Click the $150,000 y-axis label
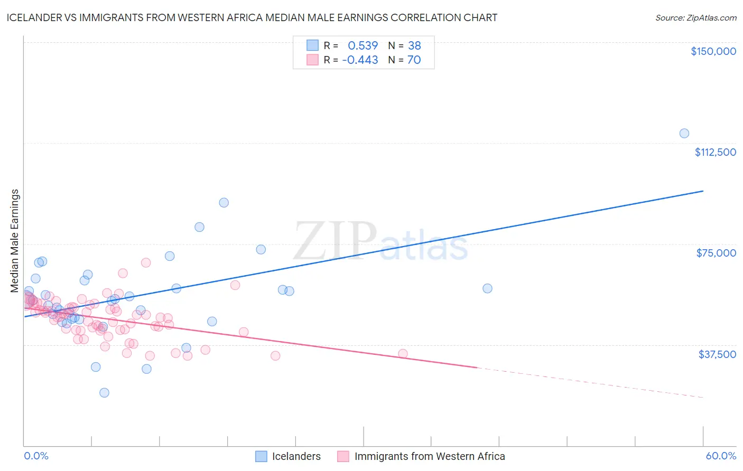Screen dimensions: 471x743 click(x=713, y=51)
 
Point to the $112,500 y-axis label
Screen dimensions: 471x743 click(x=715, y=152)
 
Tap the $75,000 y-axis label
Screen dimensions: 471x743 click(x=716, y=253)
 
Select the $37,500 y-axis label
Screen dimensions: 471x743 click(x=717, y=354)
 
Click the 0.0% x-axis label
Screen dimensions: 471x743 click(x=36, y=456)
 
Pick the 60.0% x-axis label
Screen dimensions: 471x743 click(x=721, y=456)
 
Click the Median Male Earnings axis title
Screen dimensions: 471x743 click(x=15, y=241)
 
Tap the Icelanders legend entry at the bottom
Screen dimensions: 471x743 click(x=296, y=457)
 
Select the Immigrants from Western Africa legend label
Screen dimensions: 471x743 click(x=429, y=457)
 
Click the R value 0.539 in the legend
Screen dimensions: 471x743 click(x=363, y=46)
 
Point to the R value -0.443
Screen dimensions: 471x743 click(x=360, y=60)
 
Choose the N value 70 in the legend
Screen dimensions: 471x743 click(x=414, y=60)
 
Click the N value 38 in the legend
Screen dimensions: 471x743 click(x=414, y=46)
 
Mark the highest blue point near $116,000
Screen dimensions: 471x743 click(x=684, y=134)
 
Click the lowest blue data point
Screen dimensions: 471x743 click(x=104, y=393)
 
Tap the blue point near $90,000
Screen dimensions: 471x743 click(x=224, y=203)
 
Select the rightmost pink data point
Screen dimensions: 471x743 click(x=403, y=354)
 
